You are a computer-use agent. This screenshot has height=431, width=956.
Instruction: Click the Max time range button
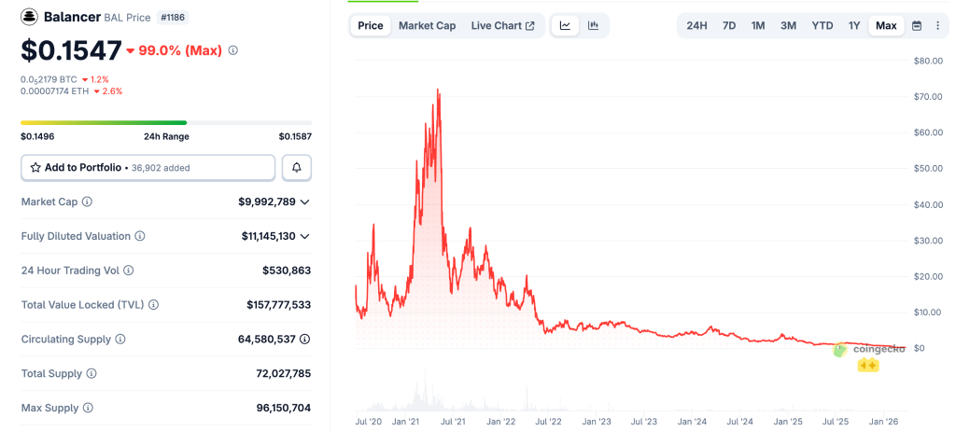coord(886,25)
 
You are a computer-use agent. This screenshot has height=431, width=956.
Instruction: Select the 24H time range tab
coord(696,25)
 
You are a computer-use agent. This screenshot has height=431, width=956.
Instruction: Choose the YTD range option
coord(822,25)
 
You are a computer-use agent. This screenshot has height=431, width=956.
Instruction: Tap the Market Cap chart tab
coord(427,25)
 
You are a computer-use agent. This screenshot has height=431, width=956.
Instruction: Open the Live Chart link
coord(502,25)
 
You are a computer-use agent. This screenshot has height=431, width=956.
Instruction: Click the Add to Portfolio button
coord(148,167)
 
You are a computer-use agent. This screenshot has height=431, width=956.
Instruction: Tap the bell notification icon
coord(297,167)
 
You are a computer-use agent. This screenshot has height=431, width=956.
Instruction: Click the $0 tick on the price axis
coord(919,348)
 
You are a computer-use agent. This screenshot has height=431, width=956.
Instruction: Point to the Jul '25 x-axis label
coord(835,422)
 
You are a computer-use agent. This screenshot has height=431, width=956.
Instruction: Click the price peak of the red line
coord(438,90)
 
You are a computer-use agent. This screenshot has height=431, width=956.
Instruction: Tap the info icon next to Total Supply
coord(91,373)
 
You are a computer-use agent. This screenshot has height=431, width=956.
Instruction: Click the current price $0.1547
coord(71,49)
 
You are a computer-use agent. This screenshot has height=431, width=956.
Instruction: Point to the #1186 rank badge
coord(171,17)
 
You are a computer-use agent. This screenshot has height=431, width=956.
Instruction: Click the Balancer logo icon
coord(30,17)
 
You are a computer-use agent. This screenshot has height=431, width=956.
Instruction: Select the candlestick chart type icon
coord(593,25)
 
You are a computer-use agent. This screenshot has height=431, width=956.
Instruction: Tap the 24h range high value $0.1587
coord(295,136)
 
